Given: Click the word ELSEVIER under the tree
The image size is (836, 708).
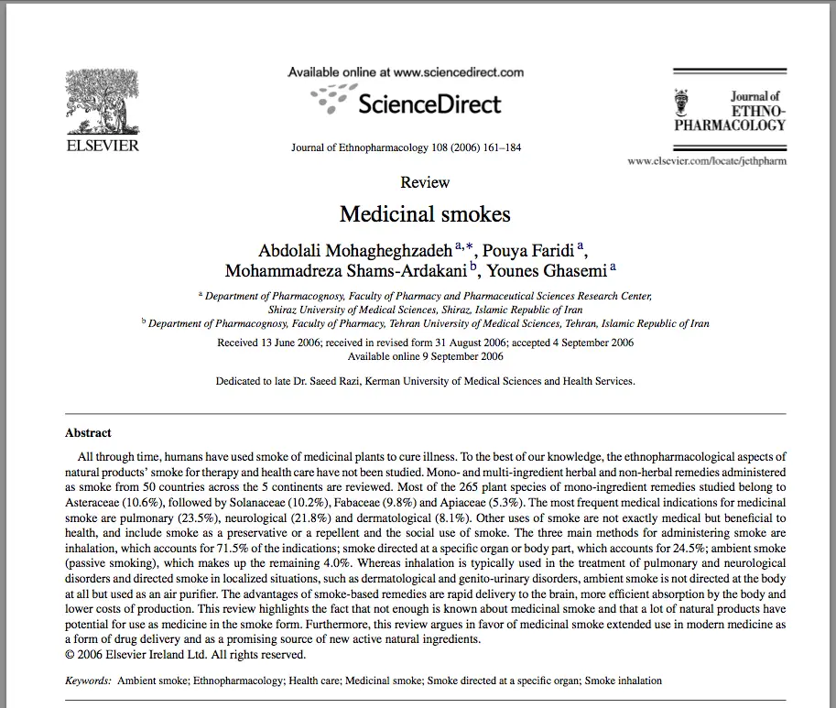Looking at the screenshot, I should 102,145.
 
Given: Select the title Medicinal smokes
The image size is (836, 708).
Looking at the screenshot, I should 425,214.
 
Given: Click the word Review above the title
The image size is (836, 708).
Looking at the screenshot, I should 425,182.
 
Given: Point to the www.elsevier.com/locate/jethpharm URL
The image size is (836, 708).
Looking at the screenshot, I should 706,161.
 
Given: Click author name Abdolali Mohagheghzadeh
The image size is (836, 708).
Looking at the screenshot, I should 355,251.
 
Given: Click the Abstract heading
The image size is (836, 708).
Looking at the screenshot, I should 88,433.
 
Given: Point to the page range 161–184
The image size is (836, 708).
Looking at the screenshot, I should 499,147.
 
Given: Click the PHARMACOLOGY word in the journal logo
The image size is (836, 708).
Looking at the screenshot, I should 730,125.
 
